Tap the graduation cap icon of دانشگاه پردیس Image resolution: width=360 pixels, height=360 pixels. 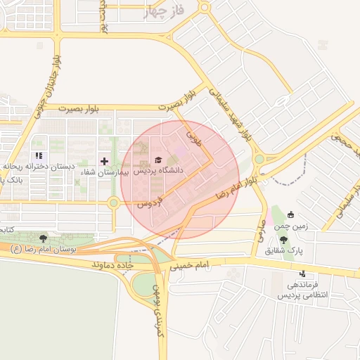point(157,160)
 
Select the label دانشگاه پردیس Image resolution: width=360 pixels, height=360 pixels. point(158,170)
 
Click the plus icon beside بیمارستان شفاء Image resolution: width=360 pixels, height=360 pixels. point(105,161)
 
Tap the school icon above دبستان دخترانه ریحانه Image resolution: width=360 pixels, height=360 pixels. point(39,155)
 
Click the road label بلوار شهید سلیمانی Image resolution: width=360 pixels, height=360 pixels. point(236,110)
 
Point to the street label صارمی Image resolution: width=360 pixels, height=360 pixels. point(260,233)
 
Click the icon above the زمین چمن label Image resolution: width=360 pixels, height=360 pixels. point(290,214)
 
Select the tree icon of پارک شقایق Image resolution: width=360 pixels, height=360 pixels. point(284,240)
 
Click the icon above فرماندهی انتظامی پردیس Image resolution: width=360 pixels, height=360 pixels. point(302,274)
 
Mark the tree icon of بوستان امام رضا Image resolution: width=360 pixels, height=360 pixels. point(44,238)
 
